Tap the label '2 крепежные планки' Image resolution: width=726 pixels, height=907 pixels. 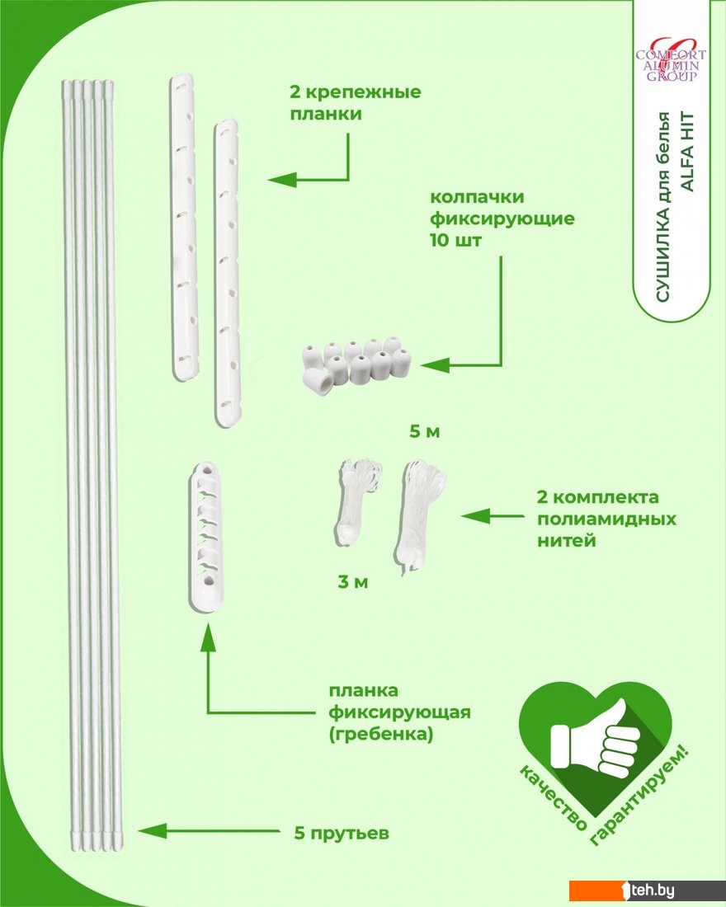coord(355,102)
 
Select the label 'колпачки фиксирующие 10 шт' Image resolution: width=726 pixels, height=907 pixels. coord(501,220)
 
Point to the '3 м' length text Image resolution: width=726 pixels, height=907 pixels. coord(352,582)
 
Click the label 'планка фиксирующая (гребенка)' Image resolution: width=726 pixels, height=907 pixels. coord(399,712)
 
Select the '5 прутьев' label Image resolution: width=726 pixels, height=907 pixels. coord(341,833)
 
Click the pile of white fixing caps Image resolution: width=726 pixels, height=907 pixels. coord(354,364)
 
